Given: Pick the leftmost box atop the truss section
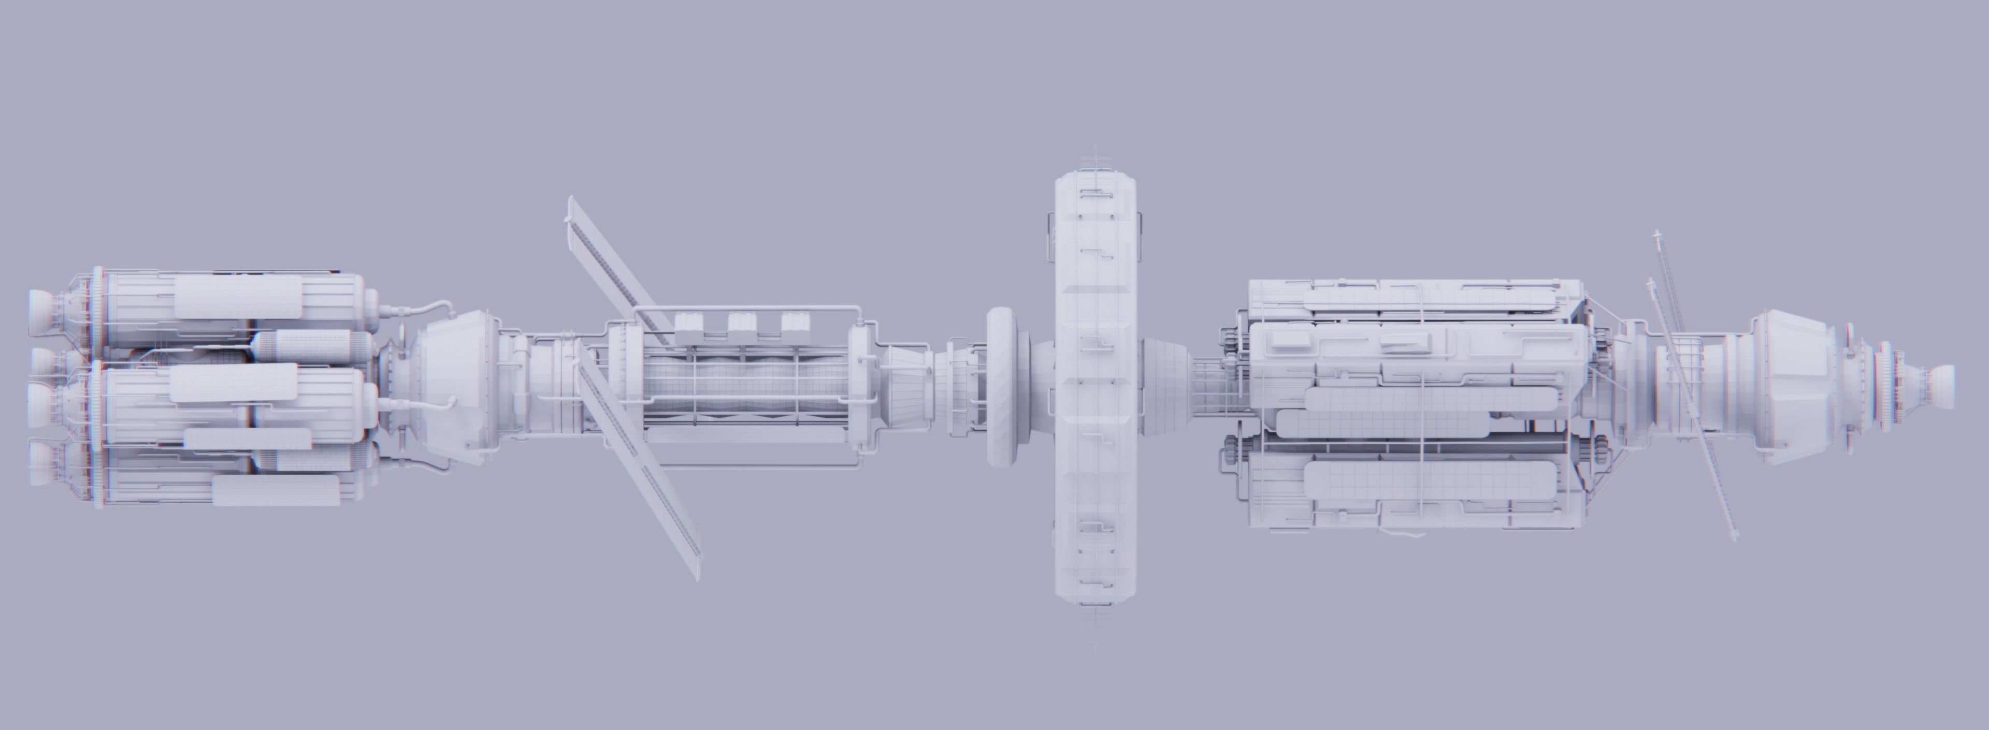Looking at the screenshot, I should point(689,326).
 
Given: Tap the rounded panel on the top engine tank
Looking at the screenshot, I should point(238,297).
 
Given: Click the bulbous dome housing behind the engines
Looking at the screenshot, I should point(456,384).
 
